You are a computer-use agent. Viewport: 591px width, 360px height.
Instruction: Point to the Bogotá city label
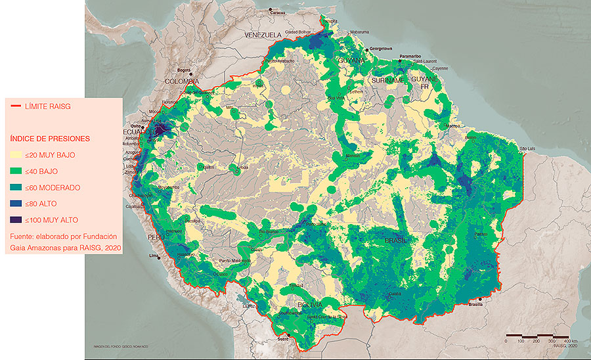pyautogui.click(x=183, y=70)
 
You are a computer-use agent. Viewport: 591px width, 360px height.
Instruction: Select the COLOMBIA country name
pyautogui.click(x=182, y=81)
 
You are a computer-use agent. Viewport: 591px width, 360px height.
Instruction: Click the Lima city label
pyautogui.click(x=156, y=256)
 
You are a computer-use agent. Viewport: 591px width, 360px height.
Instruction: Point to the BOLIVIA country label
pyautogui.click(x=309, y=306)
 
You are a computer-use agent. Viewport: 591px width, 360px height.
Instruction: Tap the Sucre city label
pyautogui.click(x=283, y=341)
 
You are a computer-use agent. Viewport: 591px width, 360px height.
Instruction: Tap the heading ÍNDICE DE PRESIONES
pyautogui.click(x=50, y=139)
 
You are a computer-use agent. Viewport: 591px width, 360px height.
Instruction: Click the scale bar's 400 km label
pyautogui.click(x=570, y=342)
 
